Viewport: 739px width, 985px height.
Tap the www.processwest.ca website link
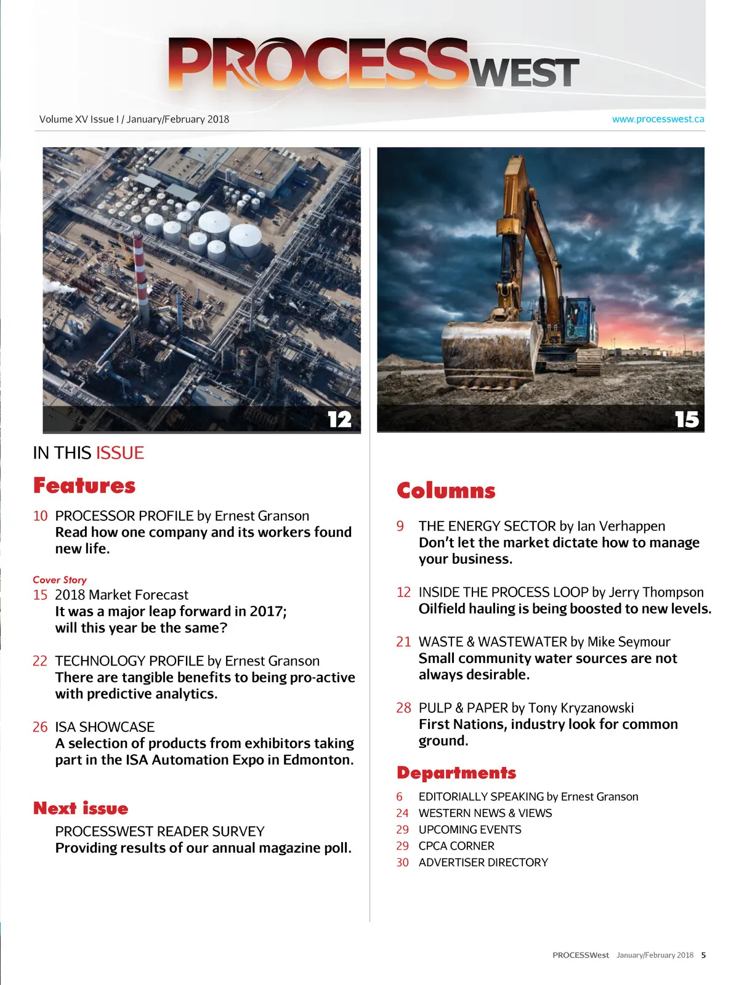click(658, 119)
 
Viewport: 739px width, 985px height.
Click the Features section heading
click(84, 486)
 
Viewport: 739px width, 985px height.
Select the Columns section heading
click(446, 491)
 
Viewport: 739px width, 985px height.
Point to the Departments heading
click(456, 773)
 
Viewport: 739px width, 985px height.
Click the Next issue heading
click(81, 808)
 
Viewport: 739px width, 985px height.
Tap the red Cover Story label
click(60, 580)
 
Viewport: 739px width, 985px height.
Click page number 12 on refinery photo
click(339, 419)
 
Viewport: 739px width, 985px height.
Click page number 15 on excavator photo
click(687, 419)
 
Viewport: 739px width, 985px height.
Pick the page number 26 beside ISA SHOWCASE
click(40, 727)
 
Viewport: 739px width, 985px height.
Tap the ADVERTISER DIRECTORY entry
click(483, 862)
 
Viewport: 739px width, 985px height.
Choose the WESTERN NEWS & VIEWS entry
click(485, 813)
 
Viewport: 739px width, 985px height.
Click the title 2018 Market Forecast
click(121, 595)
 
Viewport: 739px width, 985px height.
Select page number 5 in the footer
click(703, 955)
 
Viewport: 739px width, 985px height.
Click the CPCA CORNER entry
click(456, 846)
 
